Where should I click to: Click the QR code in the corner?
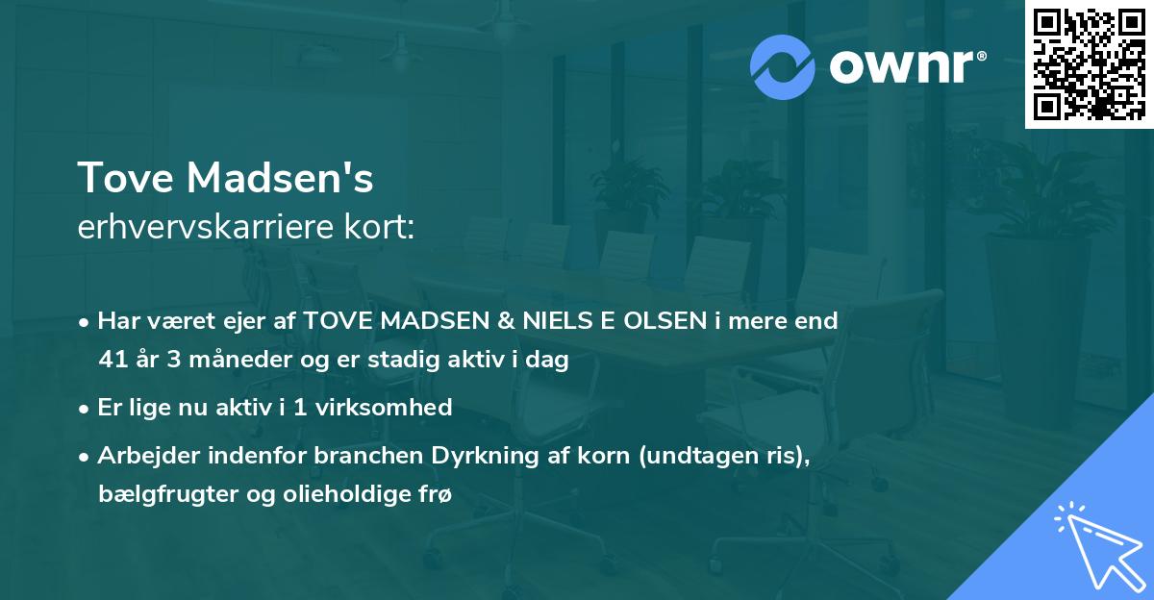point(1089,63)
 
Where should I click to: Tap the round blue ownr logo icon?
point(784,66)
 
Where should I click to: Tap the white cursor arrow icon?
point(1098,543)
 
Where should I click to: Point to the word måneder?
point(224,361)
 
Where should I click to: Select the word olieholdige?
point(343,495)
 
